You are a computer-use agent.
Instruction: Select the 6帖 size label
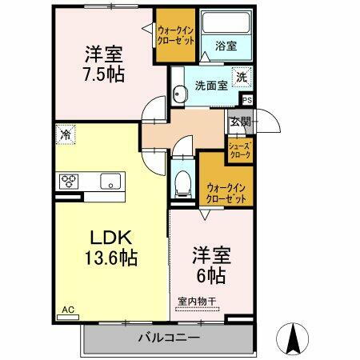(x=211, y=275)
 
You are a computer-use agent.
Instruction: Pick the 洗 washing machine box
(x=240, y=78)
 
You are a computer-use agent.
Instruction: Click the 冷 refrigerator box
(x=64, y=134)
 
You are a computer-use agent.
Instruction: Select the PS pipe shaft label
(x=246, y=100)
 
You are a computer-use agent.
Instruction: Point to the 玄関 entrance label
(x=239, y=122)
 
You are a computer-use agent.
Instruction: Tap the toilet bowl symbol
(x=182, y=182)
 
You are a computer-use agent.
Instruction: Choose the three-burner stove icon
(x=68, y=180)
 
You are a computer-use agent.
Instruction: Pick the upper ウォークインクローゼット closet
(x=176, y=36)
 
